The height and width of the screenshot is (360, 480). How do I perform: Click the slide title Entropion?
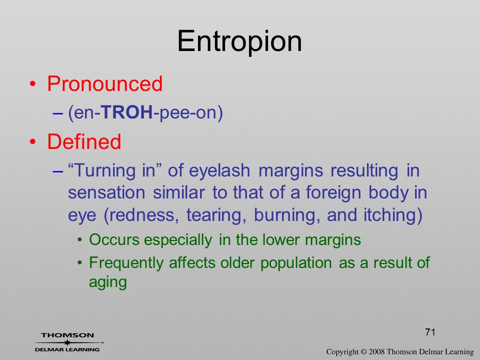[239, 41]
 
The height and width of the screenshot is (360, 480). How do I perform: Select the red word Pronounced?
[104, 83]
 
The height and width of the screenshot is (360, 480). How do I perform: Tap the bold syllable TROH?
[126, 112]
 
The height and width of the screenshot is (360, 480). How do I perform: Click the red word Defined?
[84, 141]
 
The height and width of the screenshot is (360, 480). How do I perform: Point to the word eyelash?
[219, 171]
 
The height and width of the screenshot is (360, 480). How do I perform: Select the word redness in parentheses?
[144, 215]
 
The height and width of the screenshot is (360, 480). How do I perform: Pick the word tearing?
[216, 215]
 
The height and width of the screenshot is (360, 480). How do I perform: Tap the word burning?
[287, 215]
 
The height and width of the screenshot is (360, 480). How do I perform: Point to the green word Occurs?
[114, 239]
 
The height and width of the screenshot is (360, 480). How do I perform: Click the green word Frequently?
[126, 263]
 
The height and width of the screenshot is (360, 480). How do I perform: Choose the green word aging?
[108, 282]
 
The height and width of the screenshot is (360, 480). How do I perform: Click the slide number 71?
[430, 332]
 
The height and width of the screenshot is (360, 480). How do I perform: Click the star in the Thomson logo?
[67, 342]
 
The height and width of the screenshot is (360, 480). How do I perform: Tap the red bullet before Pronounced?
[33, 84]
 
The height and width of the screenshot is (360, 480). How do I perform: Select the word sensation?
[106, 193]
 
